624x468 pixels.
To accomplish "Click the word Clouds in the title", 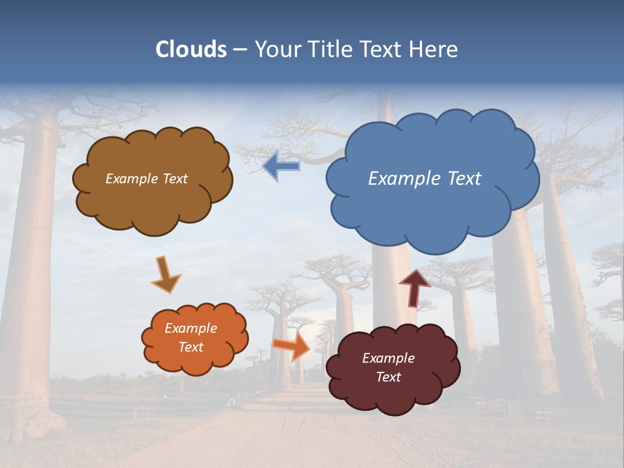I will coord(191,49).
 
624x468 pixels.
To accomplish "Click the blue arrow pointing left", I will coord(281,166).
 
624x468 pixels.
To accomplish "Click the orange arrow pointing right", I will coord(292,346).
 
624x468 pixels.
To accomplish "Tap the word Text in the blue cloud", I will coord(464,178).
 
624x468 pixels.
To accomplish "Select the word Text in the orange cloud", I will coord(191,347).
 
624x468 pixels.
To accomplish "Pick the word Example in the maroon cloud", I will coord(388,358).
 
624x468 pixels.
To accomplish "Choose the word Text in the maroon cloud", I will coord(388,377).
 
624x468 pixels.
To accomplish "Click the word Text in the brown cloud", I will coord(175,178).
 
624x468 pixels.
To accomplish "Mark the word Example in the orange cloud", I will coord(191,328).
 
